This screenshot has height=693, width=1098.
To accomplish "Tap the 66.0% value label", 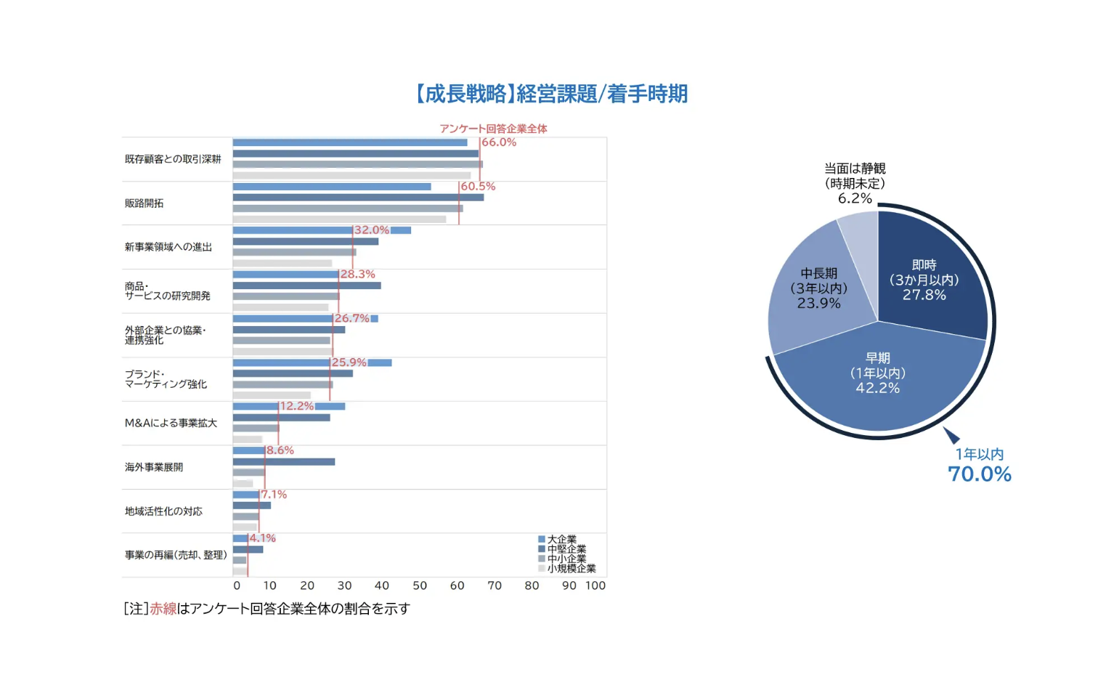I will pyautogui.click(x=499, y=142).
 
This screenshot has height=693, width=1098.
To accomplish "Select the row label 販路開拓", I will pyautogui.click(x=145, y=203).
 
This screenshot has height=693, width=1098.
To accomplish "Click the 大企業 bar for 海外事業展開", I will pyautogui.click(x=248, y=450).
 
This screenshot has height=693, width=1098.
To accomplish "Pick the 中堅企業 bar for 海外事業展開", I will pyautogui.click(x=283, y=462).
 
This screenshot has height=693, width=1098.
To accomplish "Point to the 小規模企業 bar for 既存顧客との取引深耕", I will pyautogui.click(x=351, y=175).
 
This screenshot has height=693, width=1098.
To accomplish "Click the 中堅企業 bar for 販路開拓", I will pyautogui.click(x=358, y=198).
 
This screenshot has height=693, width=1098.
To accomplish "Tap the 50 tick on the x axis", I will pyautogui.click(x=420, y=585).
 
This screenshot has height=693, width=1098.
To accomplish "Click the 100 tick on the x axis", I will pyautogui.click(x=595, y=585).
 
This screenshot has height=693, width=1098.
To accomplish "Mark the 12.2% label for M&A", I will pyautogui.click(x=297, y=406).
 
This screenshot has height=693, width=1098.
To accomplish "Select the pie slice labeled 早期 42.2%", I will pyautogui.click(x=878, y=385).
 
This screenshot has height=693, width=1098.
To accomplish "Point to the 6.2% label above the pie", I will pyautogui.click(x=855, y=198).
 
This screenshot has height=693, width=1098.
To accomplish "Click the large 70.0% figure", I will pyautogui.click(x=980, y=474).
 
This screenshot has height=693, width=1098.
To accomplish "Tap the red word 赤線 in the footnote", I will pyautogui.click(x=163, y=609).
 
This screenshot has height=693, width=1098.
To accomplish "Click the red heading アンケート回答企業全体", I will pyautogui.click(x=494, y=129).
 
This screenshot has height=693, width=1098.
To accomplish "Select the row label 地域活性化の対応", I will pyautogui.click(x=164, y=511).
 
